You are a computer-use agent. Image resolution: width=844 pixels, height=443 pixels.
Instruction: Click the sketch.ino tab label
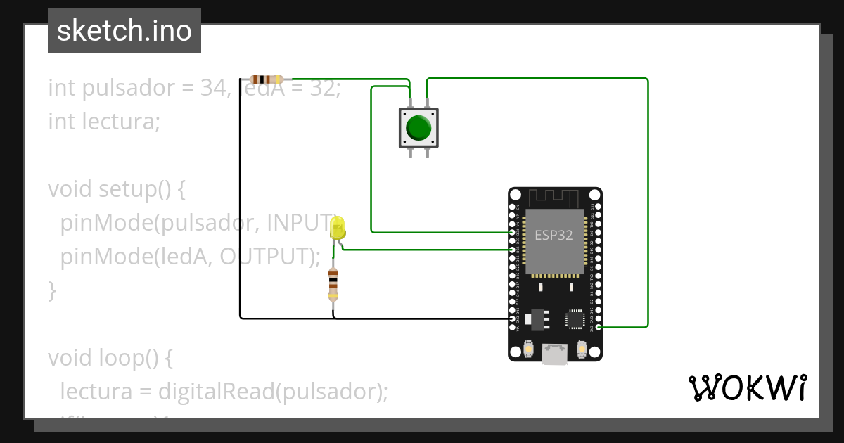(x=124, y=31)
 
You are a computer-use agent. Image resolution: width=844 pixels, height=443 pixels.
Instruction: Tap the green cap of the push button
(x=418, y=128)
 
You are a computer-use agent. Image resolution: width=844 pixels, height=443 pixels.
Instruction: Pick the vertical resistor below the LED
(x=333, y=283)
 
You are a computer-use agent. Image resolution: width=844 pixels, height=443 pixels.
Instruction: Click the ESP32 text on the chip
(x=554, y=236)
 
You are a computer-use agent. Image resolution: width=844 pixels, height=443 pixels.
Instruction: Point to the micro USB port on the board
(x=555, y=353)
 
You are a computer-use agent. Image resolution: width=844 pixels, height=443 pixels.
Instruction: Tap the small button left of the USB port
(x=528, y=349)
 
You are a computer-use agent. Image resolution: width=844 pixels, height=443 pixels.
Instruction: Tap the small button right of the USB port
(x=582, y=349)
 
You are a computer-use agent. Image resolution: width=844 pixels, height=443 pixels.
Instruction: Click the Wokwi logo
(x=747, y=387)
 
